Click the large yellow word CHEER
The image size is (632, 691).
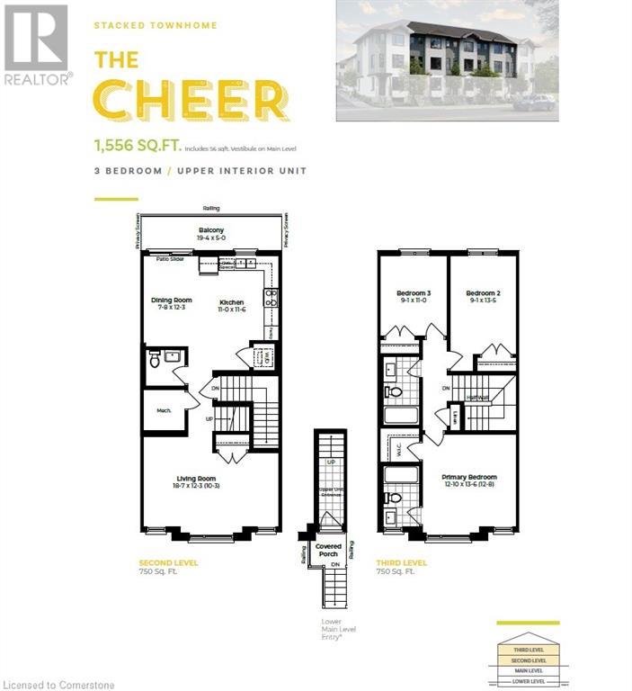point(191,100)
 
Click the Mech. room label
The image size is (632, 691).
point(163,409)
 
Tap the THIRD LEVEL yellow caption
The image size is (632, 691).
point(401,562)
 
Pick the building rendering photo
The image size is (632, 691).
point(446,60)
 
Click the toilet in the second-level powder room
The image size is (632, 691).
point(154,361)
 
